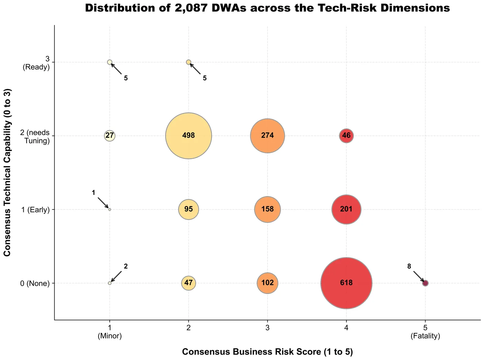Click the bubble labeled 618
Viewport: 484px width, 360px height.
click(x=346, y=283)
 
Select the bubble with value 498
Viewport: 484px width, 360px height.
click(x=189, y=135)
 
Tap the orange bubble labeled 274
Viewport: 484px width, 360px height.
click(x=267, y=135)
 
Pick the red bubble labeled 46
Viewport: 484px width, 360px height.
click(x=346, y=135)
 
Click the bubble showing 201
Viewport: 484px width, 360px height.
click(x=346, y=209)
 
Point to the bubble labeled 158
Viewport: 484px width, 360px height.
click(x=267, y=209)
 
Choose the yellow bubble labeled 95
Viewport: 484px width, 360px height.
click(x=189, y=209)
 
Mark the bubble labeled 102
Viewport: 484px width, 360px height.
click(x=267, y=283)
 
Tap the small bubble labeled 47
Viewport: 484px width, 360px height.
click(x=189, y=283)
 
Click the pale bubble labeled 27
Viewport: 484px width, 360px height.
click(x=110, y=135)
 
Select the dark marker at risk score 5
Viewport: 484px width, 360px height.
click(x=425, y=283)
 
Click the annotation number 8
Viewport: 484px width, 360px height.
click(x=409, y=266)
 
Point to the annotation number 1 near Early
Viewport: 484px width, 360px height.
click(x=93, y=193)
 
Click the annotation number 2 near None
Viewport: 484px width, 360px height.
click(x=126, y=266)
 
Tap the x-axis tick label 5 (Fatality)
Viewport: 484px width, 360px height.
click(x=425, y=332)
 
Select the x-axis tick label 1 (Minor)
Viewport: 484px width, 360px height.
click(x=110, y=332)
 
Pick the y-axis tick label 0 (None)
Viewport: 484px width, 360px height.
click(x=35, y=283)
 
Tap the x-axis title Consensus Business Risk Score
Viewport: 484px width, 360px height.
click(x=267, y=352)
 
